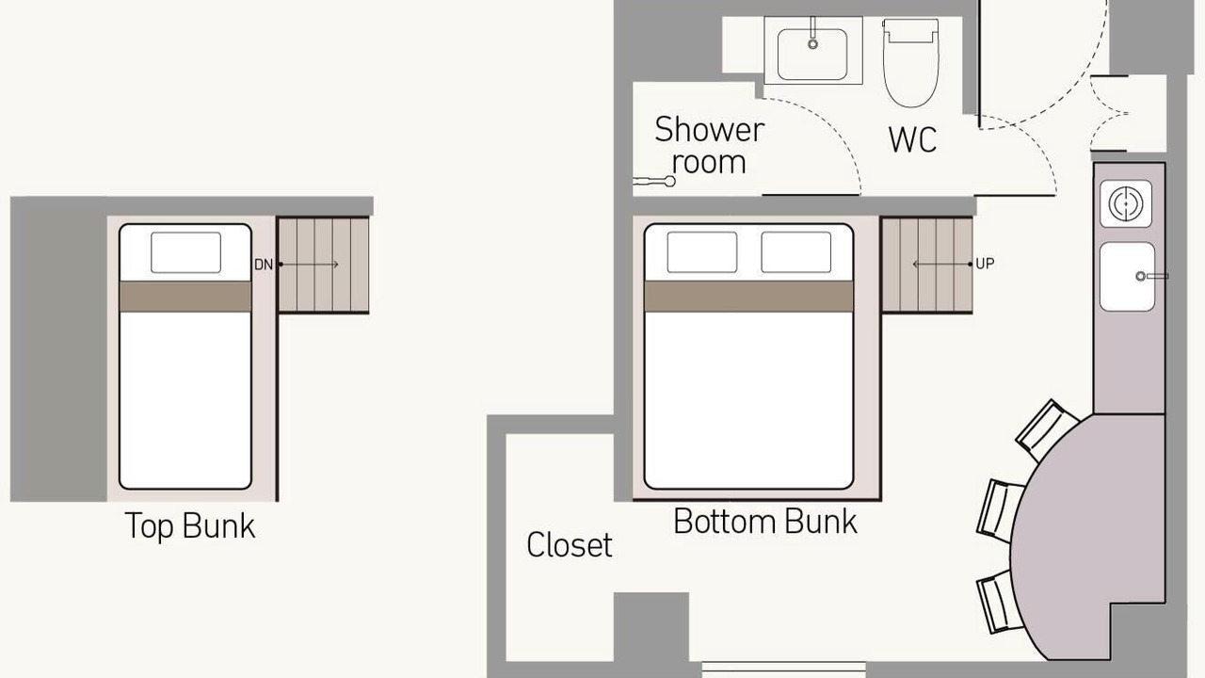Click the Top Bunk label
189,526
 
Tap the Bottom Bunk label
765,522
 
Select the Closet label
570,544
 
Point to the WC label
912,139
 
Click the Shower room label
709,145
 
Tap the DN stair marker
264,265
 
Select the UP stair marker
985,264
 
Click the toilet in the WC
910,62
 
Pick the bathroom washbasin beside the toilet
812,51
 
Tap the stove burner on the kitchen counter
1125,203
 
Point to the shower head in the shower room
654,182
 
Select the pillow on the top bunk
185,252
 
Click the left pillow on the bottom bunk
702,252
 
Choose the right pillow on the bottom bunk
796,252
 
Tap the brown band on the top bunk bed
185,296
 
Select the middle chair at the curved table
1000,510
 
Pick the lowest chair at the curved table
1000,602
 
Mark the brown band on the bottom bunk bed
748,296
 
